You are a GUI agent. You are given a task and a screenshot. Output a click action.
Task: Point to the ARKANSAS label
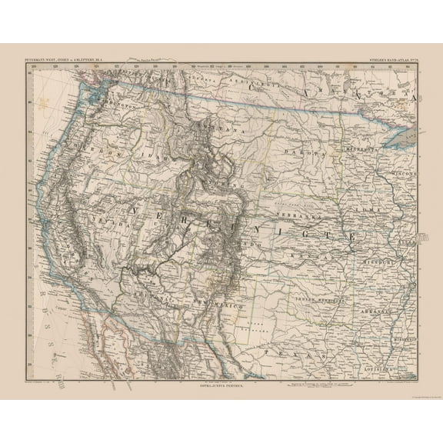377,301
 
